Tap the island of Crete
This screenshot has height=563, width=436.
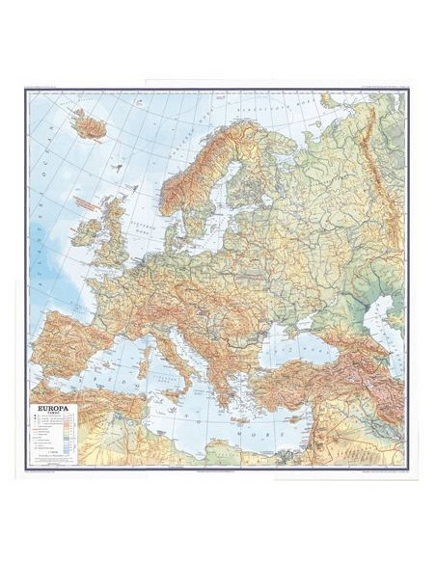239,420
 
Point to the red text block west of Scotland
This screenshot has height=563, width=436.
87,204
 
